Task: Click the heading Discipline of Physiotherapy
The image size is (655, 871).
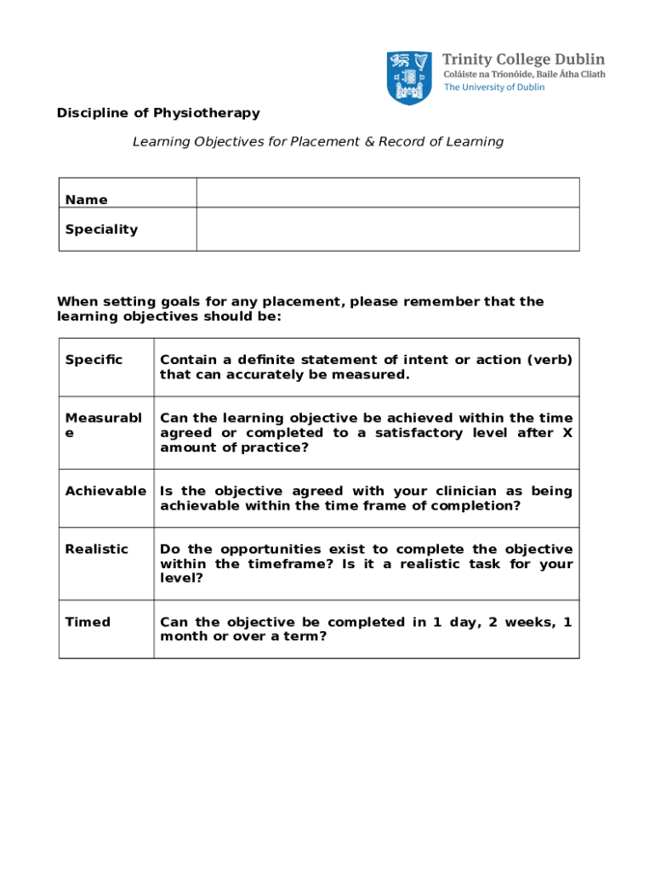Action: [158, 113]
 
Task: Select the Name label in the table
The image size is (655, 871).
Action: [87, 200]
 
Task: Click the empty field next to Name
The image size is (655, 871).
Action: [387, 192]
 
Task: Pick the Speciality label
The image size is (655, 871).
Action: [101, 230]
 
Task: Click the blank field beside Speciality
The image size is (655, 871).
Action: [387, 229]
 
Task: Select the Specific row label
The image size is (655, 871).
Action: [94, 360]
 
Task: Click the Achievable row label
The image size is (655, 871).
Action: [105, 491]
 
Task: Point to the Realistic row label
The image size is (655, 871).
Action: [97, 549]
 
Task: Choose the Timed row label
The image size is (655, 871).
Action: [88, 622]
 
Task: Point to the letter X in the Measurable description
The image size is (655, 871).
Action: [567, 433]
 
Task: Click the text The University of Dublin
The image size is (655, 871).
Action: [494, 88]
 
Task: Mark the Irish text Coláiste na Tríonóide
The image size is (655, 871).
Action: [486, 74]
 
